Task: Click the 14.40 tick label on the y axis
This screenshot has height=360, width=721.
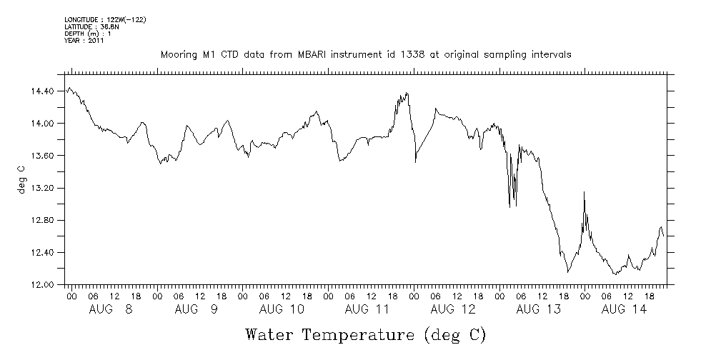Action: click(x=43, y=91)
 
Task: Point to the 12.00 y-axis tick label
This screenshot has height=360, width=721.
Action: click(x=43, y=285)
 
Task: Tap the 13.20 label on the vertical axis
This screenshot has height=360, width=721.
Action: click(x=43, y=188)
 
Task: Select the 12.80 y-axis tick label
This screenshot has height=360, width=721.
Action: click(x=43, y=220)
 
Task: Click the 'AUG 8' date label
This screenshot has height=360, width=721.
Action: click(x=111, y=309)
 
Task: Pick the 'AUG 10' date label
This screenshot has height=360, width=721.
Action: click(x=282, y=309)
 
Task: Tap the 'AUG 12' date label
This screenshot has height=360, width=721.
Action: click(x=453, y=309)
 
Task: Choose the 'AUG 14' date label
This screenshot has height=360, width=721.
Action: click(x=624, y=309)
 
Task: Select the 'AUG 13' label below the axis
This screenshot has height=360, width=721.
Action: click(x=538, y=309)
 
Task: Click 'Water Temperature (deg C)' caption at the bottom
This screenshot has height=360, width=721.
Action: click(x=365, y=334)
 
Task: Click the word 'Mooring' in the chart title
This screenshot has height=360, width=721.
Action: click(x=176, y=55)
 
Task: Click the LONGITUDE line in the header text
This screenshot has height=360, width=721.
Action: click(x=105, y=19)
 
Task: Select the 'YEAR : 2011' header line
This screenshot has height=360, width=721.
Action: click(x=85, y=41)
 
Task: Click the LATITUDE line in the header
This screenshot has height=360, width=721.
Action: click(x=91, y=26)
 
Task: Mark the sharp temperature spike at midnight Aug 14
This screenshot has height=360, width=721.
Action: click(x=585, y=192)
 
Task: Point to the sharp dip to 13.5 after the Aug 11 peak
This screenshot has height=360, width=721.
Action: click(x=416, y=161)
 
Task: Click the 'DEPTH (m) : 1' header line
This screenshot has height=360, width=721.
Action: click(x=88, y=34)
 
